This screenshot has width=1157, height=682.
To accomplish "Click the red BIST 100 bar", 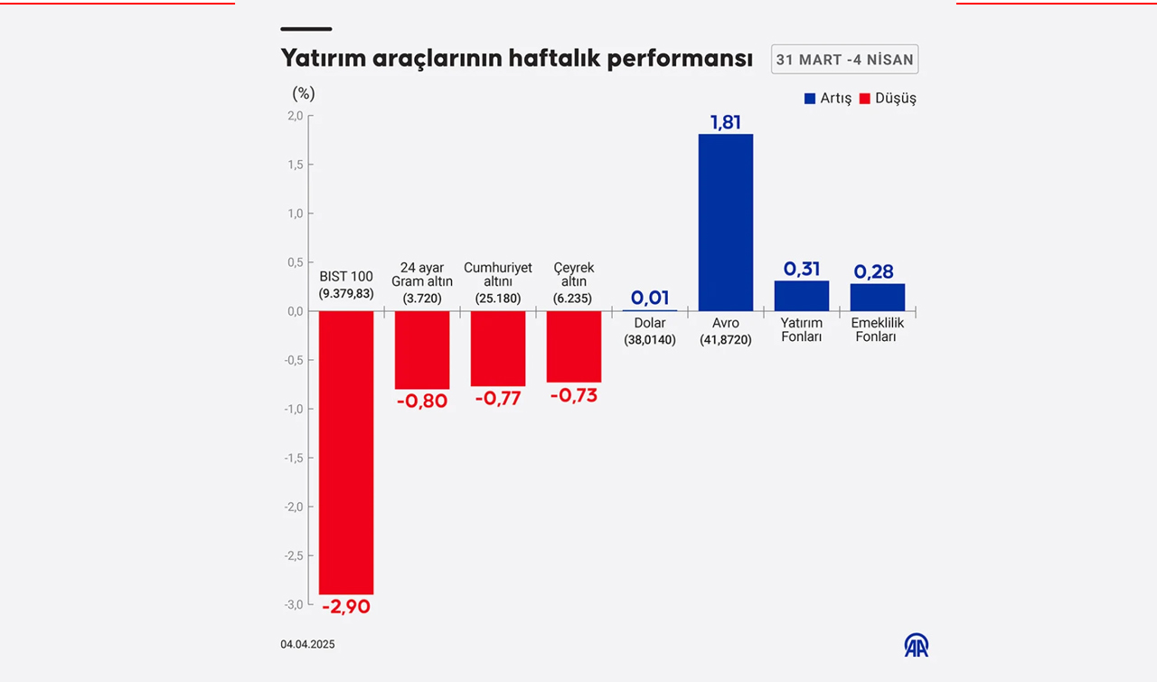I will tap(346, 452).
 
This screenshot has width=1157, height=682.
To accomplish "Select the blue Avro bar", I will tap(725, 223).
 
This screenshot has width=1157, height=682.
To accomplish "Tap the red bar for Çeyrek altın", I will tap(573, 346).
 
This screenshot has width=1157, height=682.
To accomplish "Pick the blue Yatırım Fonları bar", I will tap(801, 296).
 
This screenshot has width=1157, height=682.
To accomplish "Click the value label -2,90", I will tap(346, 607).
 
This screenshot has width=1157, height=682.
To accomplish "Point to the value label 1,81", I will tap(725, 122).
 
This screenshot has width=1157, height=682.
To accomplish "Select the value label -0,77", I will tap(497, 398).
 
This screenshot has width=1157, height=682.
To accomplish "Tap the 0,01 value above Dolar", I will tap(649, 298).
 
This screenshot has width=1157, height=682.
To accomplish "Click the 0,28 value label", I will tap(877, 271).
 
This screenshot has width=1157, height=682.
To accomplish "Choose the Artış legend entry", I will tap(828, 99).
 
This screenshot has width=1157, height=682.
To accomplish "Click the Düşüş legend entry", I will tap(888, 99).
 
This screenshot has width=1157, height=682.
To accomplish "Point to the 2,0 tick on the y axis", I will tap(295, 116).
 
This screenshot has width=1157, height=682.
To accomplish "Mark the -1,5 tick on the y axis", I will tap(293, 458).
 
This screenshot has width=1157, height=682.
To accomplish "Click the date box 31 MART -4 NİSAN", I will tap(844, 60).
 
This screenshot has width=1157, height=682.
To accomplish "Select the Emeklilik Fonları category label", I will tap(877, 330).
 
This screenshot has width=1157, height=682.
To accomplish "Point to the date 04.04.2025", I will tap(307, 645).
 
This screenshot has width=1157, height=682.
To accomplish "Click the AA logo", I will tap(916, 645).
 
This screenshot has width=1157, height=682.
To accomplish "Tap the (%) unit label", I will tap(304, 94).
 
